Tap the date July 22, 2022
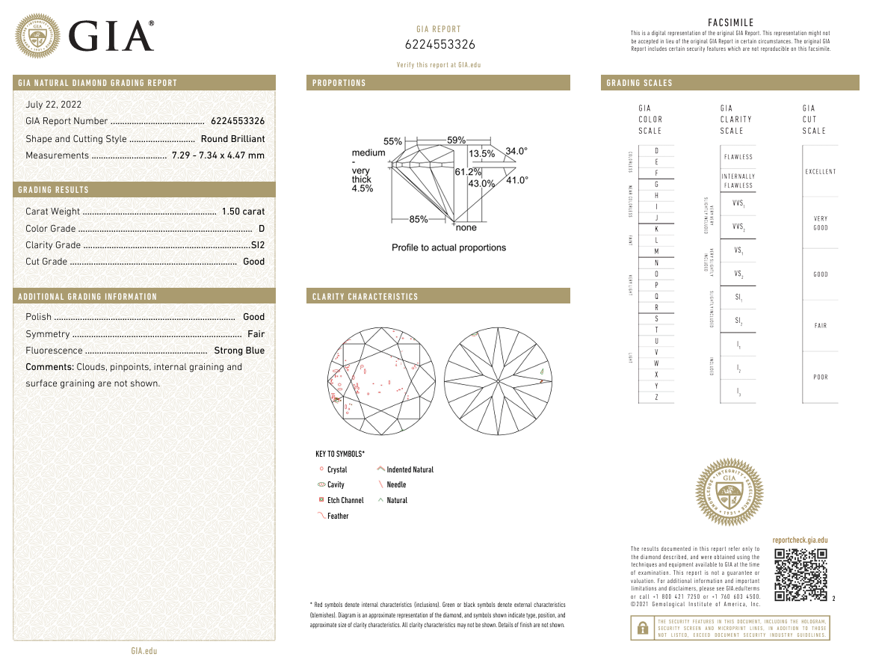coord(54,105)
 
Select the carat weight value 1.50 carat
coord(243,212)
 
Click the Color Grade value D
coord(262,229)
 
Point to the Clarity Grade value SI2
coord(258,245)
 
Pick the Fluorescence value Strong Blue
coord(239,351)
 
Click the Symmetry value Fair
coord(256,334)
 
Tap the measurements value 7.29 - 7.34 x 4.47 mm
coord(218,155)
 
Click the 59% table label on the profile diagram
coord(456,140)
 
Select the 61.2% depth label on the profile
coord(468,172)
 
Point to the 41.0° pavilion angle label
coord(517,180)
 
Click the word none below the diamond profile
coord(466,227)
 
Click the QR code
coord(800,575)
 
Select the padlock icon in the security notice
coord(641,629)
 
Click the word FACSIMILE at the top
coord(730,23)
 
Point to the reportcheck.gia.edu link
coord(800,540)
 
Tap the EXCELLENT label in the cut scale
coord(820,172)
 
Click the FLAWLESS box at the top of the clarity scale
coord(738,157)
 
